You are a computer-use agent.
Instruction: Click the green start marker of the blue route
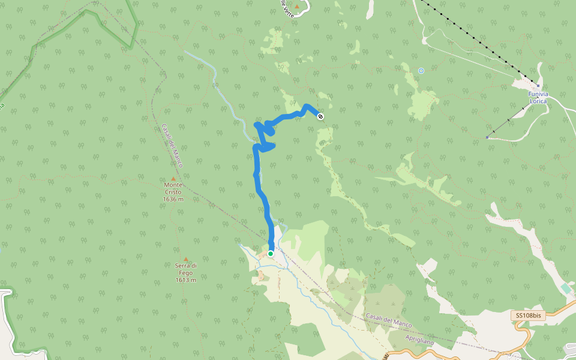point(271,254)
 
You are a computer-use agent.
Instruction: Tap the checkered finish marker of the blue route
point(320,116)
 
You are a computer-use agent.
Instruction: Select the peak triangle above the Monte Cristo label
point(173,179)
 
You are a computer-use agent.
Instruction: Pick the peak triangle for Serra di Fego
point(186,259)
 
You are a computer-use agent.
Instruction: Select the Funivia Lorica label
point(538,98)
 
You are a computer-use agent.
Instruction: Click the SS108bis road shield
point(529,316)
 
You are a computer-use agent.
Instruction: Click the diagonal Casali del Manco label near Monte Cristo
point(172,145)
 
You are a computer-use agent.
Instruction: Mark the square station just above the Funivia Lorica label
point(538,86)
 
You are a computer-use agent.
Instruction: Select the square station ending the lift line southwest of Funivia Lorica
point(487,137)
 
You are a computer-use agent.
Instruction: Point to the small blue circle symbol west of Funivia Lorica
point(421,71)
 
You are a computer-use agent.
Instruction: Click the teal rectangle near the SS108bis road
point(566,289)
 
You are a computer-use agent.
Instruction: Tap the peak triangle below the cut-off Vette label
point(296,7)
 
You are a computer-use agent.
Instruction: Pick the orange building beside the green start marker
point(262,256)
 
